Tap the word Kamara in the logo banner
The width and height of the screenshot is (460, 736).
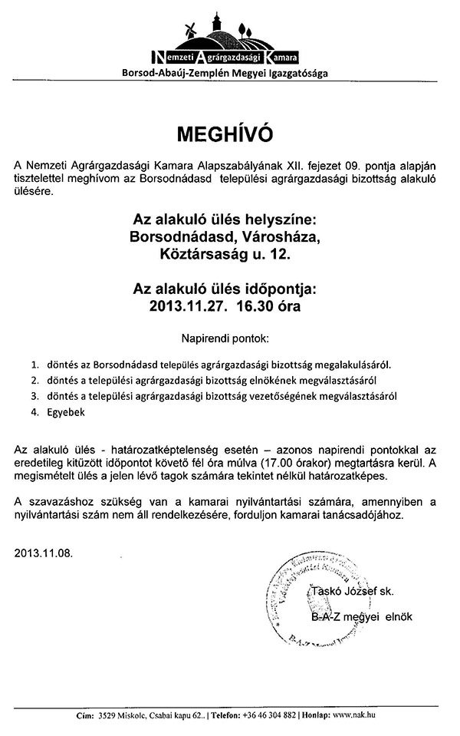(279, 57)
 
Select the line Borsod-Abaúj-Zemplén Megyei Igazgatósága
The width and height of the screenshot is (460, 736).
(230, 74)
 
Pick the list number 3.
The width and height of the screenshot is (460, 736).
(34, 396)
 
